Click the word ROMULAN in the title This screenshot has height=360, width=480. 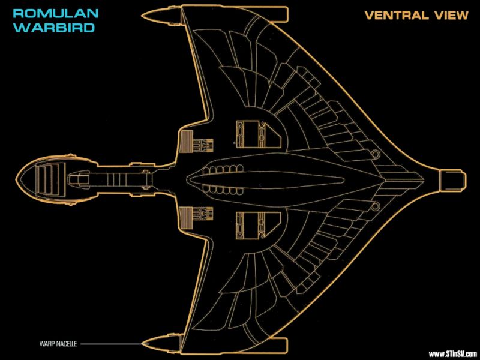click(56, 13)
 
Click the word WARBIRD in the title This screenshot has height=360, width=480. click(54, 28)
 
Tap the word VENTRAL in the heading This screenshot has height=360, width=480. click(397, 16)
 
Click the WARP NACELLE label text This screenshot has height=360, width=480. click(58, 344)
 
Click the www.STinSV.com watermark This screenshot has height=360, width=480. click(452, 354)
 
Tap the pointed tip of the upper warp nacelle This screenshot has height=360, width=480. click(142, 14)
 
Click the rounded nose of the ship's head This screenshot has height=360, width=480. click(16, 178)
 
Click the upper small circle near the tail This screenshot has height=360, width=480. click(376, 154)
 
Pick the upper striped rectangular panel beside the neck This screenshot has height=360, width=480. click(186, 142)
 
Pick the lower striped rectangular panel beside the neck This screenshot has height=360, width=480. click(186, 218)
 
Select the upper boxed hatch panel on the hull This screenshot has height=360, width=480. click(259, 134)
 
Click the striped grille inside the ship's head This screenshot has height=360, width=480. click(50, 179)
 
